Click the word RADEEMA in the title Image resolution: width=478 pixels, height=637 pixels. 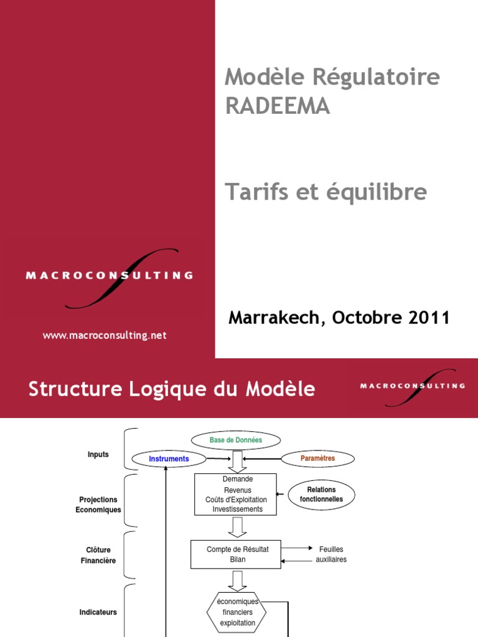pos(278,106)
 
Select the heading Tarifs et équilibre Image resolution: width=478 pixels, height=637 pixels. pos(326,192)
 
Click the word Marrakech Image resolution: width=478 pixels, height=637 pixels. pos(274,317)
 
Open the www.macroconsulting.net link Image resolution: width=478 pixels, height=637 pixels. pos(105,335)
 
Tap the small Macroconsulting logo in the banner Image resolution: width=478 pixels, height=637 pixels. pos(412,386)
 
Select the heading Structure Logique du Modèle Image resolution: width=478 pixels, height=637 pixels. pos(172,389)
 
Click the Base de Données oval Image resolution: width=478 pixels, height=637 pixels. pos(236,440)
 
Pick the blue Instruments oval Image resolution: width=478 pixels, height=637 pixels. pos(169,459)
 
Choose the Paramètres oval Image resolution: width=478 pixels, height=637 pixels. pos(317,458)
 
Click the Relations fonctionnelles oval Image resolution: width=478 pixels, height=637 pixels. pos(321,495)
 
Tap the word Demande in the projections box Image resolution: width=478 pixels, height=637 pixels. pos(237,479)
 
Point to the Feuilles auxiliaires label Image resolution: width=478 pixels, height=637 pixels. pos(331,554)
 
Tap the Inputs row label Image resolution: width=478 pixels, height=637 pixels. pos(98,454)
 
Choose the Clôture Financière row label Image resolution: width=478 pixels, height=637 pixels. pos(98,554)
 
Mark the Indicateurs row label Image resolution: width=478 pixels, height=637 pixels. pos(98,612)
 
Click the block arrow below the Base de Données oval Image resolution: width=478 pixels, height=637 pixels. pos(237,462)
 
